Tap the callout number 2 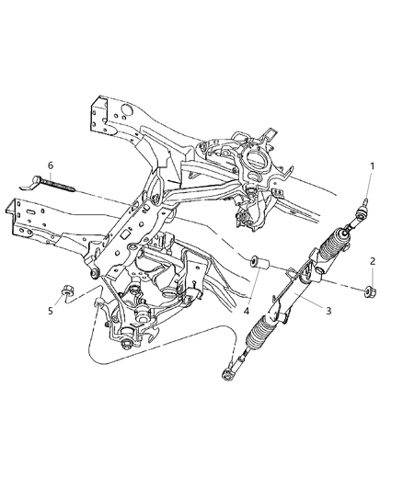click(373, 261)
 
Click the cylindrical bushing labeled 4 click(259, 268)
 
